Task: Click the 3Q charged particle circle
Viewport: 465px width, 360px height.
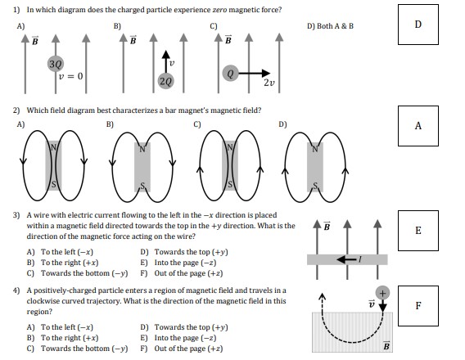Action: point(55,62)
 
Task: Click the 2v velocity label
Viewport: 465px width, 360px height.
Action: point(269,83)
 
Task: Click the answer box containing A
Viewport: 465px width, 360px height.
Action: point(418,125)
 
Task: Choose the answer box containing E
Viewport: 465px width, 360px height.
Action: point(418,230)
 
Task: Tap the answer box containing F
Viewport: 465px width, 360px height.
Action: point(418,306)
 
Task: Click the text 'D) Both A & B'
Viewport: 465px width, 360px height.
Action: point(330,25)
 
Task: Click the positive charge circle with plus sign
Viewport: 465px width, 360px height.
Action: point(381,293)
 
